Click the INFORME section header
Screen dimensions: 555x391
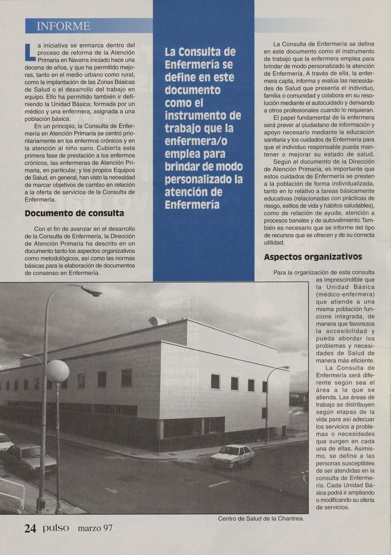click(64, 26)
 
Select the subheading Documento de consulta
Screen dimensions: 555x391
click(74, 213)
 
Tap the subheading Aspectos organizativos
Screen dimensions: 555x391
click(313, 257)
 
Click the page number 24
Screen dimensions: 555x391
click(30, 529)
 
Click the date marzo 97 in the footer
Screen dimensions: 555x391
click(95, 529)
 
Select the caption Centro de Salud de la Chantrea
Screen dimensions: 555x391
click(261, 519)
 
